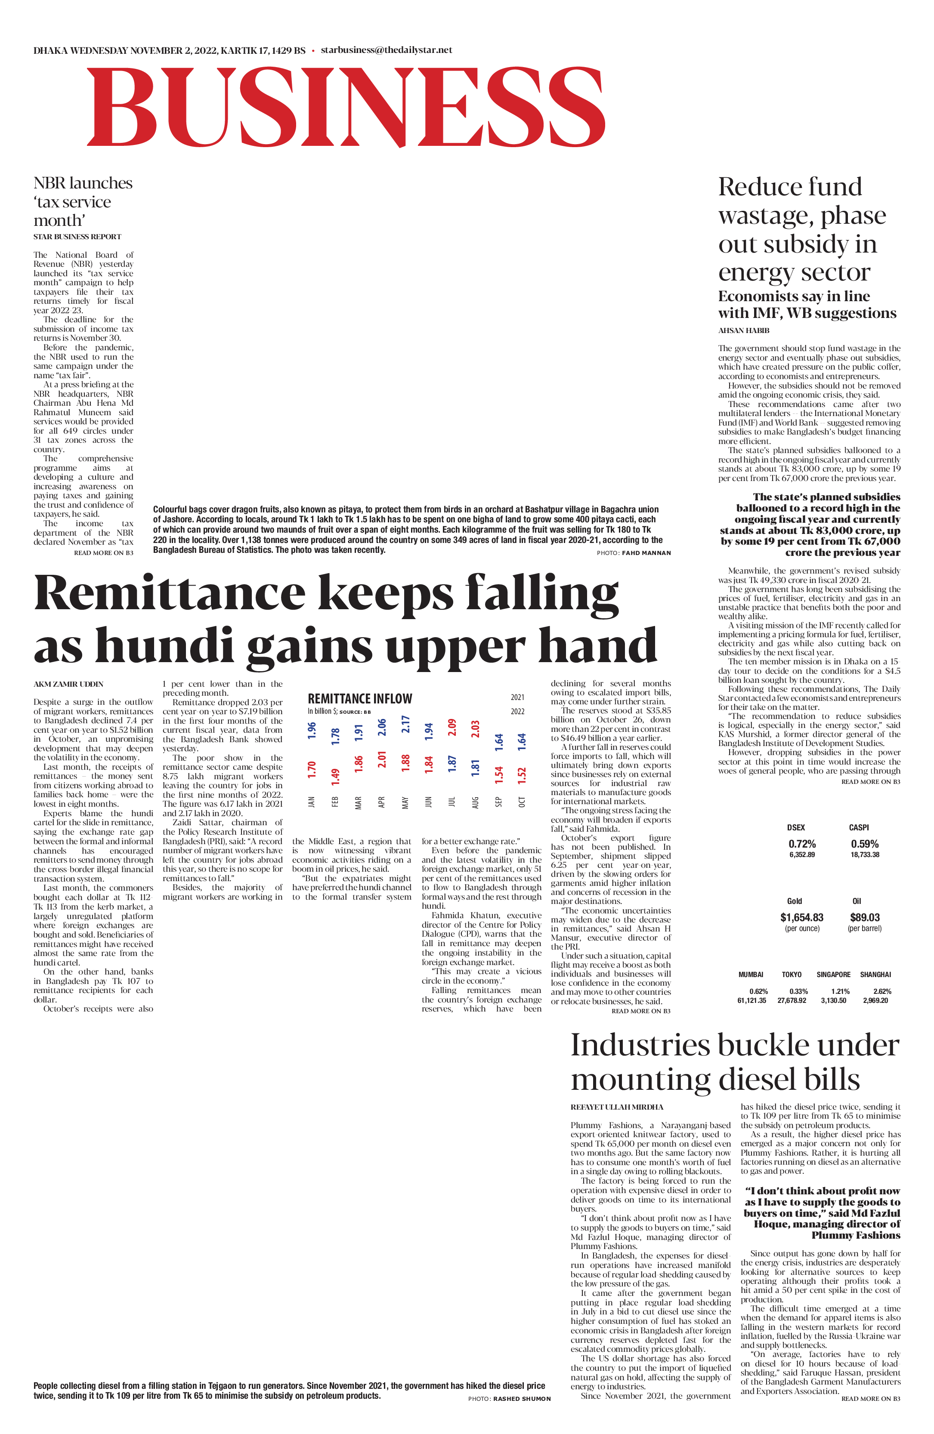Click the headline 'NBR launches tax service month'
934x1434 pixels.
[83, 201]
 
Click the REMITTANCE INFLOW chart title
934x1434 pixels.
[360, 699]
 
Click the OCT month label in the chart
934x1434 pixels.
[522, 802]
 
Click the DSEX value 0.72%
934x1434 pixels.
[802, 844]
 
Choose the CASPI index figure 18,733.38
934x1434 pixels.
[865, 854]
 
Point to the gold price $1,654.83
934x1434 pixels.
[801, 917]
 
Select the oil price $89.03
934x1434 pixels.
[865, 917]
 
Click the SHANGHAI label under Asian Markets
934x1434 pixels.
[875, 974]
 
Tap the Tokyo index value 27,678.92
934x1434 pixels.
[792, 1000]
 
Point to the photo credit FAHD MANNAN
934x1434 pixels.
[646, 552]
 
